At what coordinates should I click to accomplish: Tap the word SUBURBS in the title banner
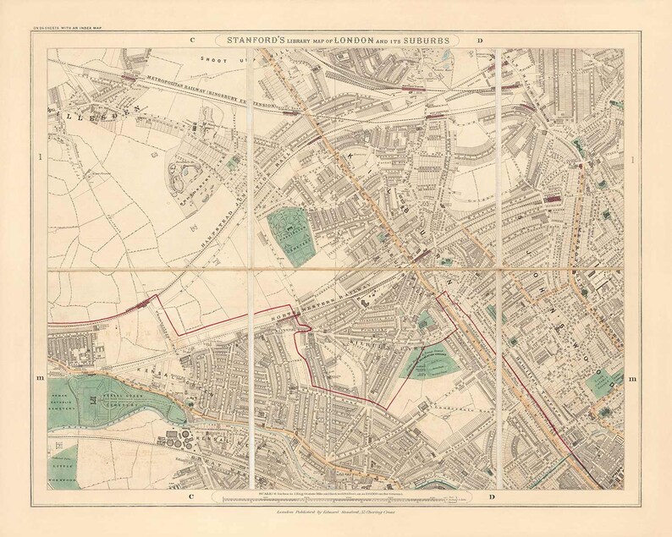pos(427,40)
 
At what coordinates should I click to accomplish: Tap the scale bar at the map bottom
pos(335,501)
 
